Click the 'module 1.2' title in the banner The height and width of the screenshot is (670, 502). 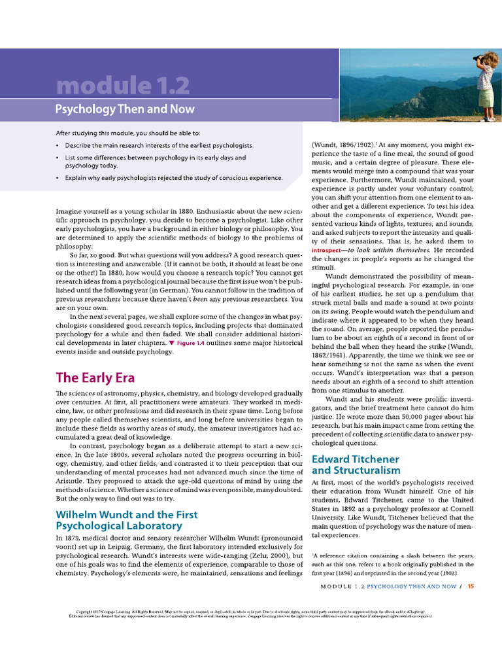(x=122, y=85)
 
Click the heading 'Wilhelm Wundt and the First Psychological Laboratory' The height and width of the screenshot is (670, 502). (x=126, y=520)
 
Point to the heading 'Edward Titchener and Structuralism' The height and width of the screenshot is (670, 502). (x=356, y=465)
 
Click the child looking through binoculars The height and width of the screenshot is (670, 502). (x=485, y=85)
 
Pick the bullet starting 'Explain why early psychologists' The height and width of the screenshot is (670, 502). (x=173, y=177)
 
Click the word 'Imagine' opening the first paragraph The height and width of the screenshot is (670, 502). (x=69, y=211)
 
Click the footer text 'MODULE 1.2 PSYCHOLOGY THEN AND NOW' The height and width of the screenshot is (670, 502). (x=389, y=586)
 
